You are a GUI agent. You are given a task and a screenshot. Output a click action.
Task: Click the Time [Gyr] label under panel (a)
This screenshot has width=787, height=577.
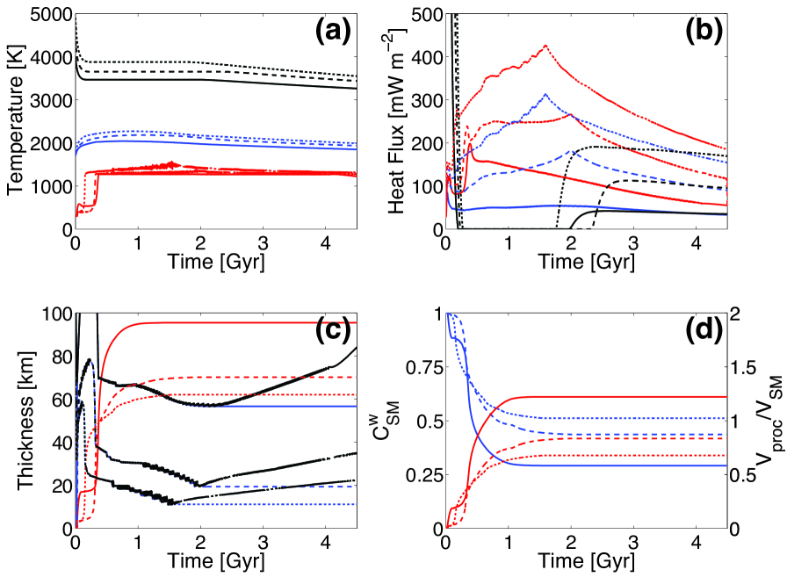point(213,261)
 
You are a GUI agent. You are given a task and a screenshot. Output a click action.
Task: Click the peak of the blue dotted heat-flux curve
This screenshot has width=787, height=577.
point(545,94)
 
